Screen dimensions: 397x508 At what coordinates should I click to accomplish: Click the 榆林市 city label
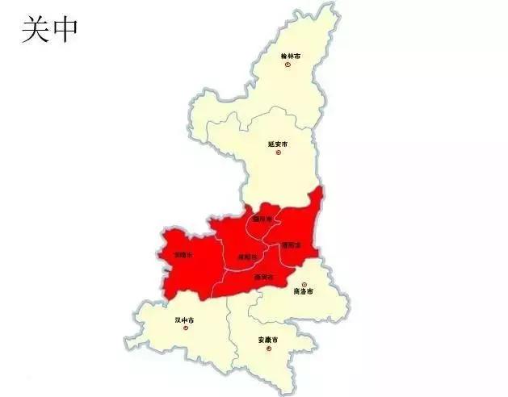point(290,56)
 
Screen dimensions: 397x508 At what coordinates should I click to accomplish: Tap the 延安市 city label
point(278,144)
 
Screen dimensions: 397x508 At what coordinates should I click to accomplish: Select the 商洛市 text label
point(303,291)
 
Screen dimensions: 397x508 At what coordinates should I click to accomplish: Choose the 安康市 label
point(268,340)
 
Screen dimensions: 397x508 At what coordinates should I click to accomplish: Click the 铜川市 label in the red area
point(262,218)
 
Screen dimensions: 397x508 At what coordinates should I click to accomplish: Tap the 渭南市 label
point(292,244)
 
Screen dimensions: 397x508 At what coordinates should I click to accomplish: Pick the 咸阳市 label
point(246,257)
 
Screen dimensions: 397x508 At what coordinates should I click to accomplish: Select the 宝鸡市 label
point(183,254)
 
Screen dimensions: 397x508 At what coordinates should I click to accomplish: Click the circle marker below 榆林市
point(288,65)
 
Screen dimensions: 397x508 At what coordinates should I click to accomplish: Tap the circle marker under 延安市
point(279,152)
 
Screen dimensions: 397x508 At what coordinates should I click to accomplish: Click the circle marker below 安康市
point(269,348)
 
